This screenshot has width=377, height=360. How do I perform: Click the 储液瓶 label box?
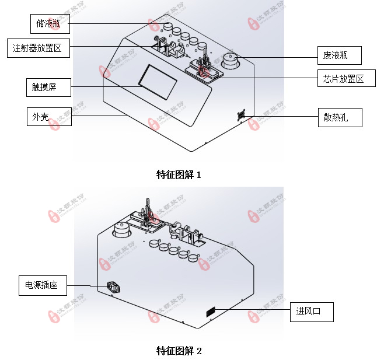tap(50, 24)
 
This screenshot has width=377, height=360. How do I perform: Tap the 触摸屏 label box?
tap(48, 88)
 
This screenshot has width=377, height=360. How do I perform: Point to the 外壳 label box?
tap(48, 117)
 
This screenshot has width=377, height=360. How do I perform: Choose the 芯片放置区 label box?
tap(344, 79)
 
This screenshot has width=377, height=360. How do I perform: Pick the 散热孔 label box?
tap(340, 117)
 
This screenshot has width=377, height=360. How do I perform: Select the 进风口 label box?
tap(312, 312)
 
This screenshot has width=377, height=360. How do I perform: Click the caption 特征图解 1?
tap(179, 174)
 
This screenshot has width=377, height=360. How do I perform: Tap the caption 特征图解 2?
tap(179, 351)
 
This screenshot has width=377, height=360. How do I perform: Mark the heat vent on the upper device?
tap(240, 115)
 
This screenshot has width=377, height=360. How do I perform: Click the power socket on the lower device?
tap(113, 287)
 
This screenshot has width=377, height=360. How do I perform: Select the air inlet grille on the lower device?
tap(211, 312)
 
